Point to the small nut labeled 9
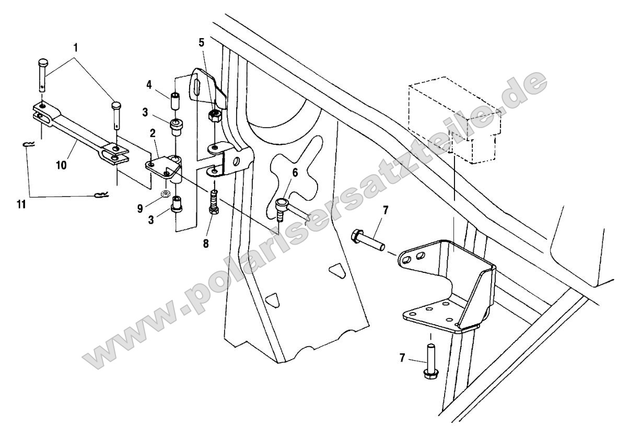[x=165, y=194]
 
